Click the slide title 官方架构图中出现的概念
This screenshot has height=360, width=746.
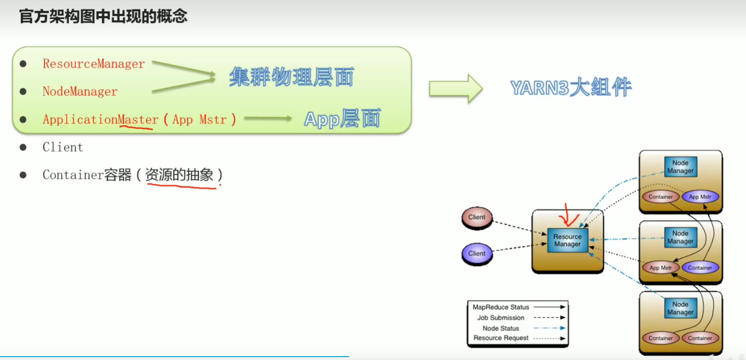tap(103, 17)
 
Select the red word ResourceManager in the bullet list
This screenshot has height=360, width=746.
tap(94, 64)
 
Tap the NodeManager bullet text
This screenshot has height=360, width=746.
tap(80, 91)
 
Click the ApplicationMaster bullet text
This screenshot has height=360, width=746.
tap(100, 119)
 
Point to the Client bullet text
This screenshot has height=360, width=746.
tap(63, 147)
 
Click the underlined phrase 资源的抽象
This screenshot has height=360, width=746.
tap(179, 175)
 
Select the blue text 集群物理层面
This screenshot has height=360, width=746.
tap(291, 77)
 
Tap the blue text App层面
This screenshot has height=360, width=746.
tap(342, 119)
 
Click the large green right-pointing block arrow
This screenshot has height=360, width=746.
tap(455, 88)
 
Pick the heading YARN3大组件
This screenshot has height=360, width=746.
tap(571, 87)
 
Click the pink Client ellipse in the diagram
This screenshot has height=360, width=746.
tap(477, 218)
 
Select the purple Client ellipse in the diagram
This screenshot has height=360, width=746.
tap(477, 254)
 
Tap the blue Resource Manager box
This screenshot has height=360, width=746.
tap(567, 240)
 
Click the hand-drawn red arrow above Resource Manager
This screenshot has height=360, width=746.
tap(568, 216)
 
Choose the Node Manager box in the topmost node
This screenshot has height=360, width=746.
tap(680, 167)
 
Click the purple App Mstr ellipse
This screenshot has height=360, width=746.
tap(700, 197)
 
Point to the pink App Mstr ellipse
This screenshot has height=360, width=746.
tap(660, 268)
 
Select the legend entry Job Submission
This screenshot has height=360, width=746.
tap(501, 318)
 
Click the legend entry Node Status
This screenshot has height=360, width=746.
tap(501, 328)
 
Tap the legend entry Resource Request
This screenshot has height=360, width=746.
tap(501, 338)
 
